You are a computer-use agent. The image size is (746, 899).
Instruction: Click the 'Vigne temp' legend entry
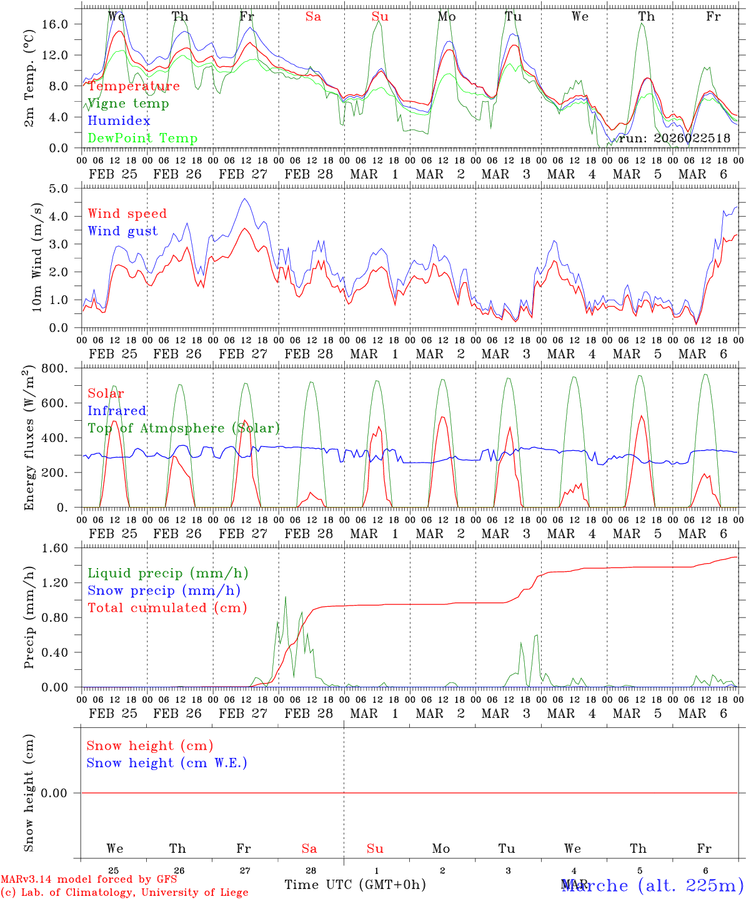(x=128, y=104)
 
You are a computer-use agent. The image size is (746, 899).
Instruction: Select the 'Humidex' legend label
(x=119, y=121)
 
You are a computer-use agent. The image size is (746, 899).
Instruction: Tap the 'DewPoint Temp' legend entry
(x=142, y=139)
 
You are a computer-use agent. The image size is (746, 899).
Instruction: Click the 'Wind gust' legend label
(x=122, y=232)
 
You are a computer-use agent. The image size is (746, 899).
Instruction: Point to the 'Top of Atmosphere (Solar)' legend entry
(x=184, y=428)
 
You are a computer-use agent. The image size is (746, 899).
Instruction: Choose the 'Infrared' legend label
(x=117, y=411)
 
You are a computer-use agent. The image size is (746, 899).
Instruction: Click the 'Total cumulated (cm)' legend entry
(x=167, y=608)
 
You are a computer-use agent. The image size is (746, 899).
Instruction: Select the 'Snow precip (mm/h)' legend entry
(x=164, y=591)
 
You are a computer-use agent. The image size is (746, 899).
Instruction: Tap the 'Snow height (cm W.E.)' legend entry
(x=167, y=763)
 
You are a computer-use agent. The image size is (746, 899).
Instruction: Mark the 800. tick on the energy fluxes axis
(x=55, y=368)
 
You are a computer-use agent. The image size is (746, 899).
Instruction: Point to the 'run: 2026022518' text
(x=674, y=139)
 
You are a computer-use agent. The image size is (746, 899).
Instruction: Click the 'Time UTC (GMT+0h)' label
(x=355, y=885)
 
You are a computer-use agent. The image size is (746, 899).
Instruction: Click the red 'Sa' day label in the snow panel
(x=309, y=848)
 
